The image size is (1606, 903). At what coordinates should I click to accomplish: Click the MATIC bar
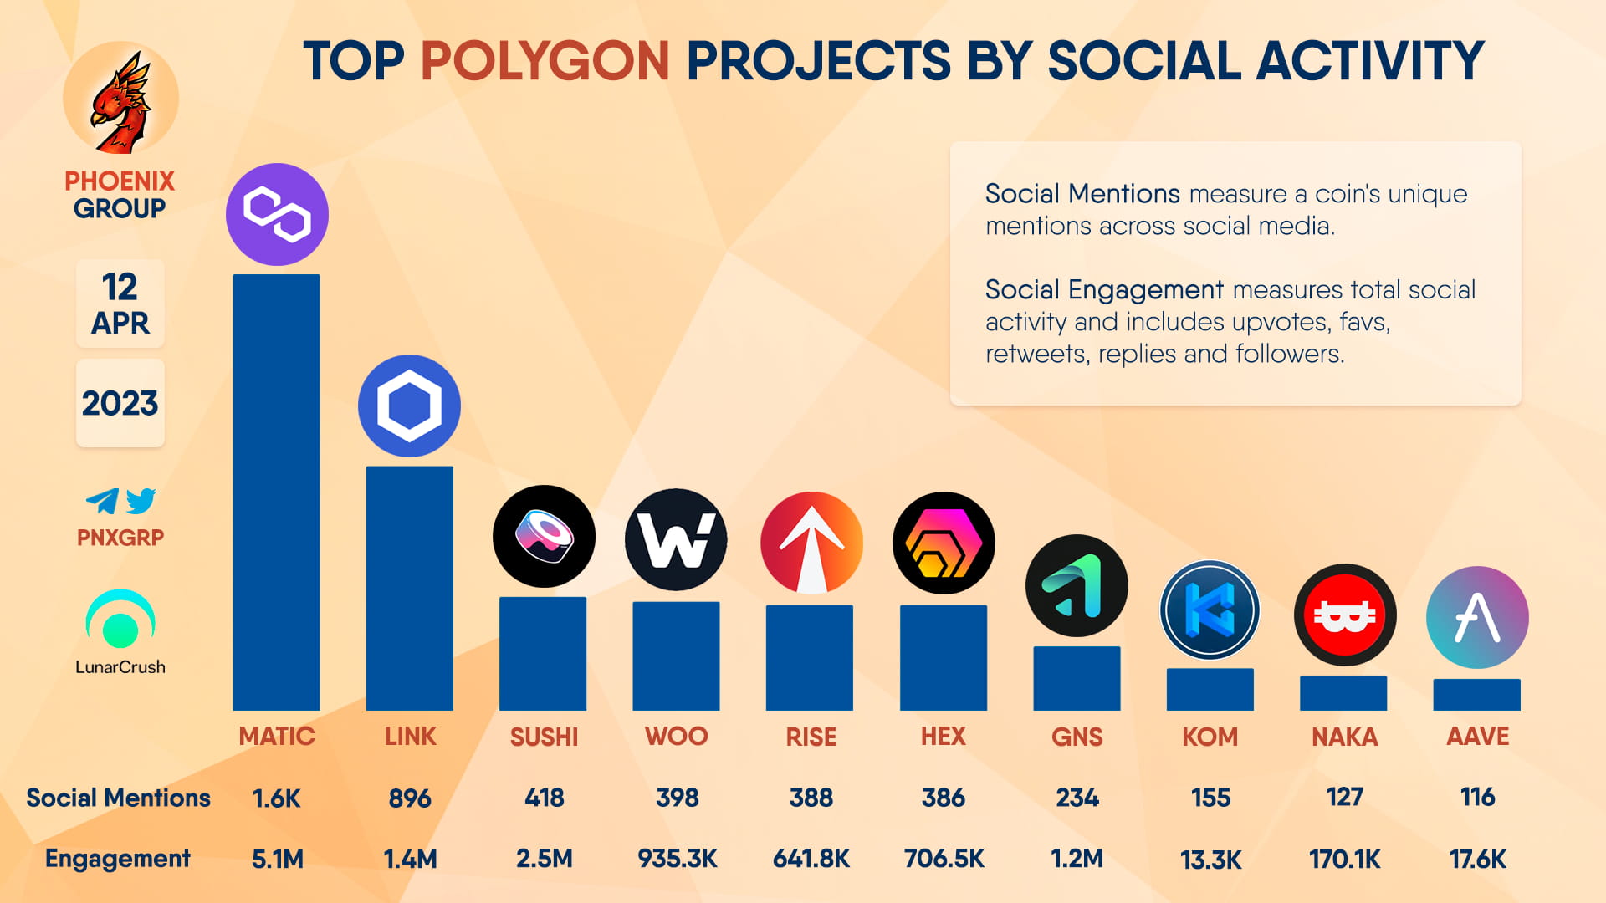click(276, 492)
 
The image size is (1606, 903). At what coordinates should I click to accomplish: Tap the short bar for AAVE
click(1476, 695)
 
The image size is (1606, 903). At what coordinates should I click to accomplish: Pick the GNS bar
click(1077, 678)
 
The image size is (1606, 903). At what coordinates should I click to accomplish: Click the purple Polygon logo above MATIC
click(277, 214)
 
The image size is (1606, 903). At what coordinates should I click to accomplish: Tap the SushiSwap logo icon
click(544, 536)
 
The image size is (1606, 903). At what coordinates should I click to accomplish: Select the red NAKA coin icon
click(1344, 615)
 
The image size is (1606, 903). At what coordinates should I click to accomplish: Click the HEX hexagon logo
click(944, 543)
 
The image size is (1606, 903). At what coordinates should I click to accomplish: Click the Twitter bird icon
click(141, 500)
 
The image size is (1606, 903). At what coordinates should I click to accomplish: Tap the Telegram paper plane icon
click(102, 501)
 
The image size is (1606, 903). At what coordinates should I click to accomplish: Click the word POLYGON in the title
click(545, 61)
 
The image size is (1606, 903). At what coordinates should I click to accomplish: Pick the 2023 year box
click(120, 403)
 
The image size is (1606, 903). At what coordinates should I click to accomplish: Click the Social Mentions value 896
click(409, 798)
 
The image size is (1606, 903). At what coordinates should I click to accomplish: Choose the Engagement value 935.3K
click(677, 859)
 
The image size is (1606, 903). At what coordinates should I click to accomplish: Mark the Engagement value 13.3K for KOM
click(1210, 860)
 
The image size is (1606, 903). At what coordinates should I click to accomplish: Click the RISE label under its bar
click(811, 737)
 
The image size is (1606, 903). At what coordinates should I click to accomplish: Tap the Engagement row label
click(117, 859)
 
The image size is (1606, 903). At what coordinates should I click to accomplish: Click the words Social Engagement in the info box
click(1103, 290)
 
